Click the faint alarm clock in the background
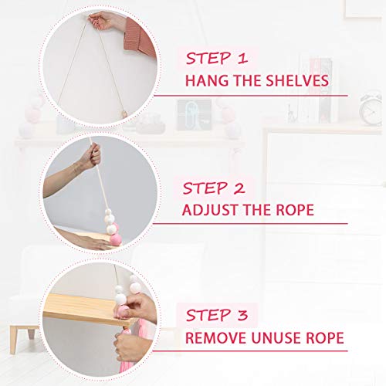370,110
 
